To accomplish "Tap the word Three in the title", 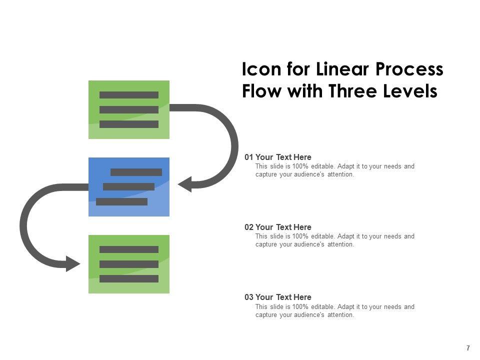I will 357,92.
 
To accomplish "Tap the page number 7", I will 468,348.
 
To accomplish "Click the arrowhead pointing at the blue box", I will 184,184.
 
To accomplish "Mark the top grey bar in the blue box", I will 136,172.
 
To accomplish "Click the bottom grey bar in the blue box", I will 121,201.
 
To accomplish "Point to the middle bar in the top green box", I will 129,109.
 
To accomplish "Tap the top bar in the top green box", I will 129,95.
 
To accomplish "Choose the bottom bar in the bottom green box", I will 129,278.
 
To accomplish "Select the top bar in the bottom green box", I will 129,249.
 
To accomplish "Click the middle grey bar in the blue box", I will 128,186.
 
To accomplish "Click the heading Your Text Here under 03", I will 283,297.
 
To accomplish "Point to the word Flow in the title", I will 261,92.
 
